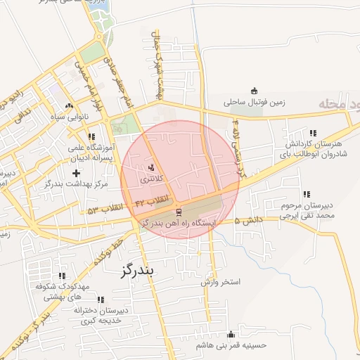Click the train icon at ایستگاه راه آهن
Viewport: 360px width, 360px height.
click(179, 211)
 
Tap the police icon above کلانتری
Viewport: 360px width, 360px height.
click(152, 167)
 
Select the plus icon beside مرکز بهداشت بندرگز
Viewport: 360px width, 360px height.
click(76, 172)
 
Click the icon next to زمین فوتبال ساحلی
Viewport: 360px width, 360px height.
click(254, 91)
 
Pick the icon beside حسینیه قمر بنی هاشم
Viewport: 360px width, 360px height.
click(231, 334)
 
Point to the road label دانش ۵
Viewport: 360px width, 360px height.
click(248, 220)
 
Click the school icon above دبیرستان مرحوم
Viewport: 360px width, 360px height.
click(305, 194)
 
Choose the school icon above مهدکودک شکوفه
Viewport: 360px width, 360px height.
click(62, 276)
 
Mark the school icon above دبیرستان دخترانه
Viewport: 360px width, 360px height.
click(98, 300)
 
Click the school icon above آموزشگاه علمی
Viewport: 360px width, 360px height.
click(91, 136)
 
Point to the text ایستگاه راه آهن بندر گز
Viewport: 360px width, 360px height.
click(179, 222)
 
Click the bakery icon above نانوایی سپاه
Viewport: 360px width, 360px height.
click(68, 104)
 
